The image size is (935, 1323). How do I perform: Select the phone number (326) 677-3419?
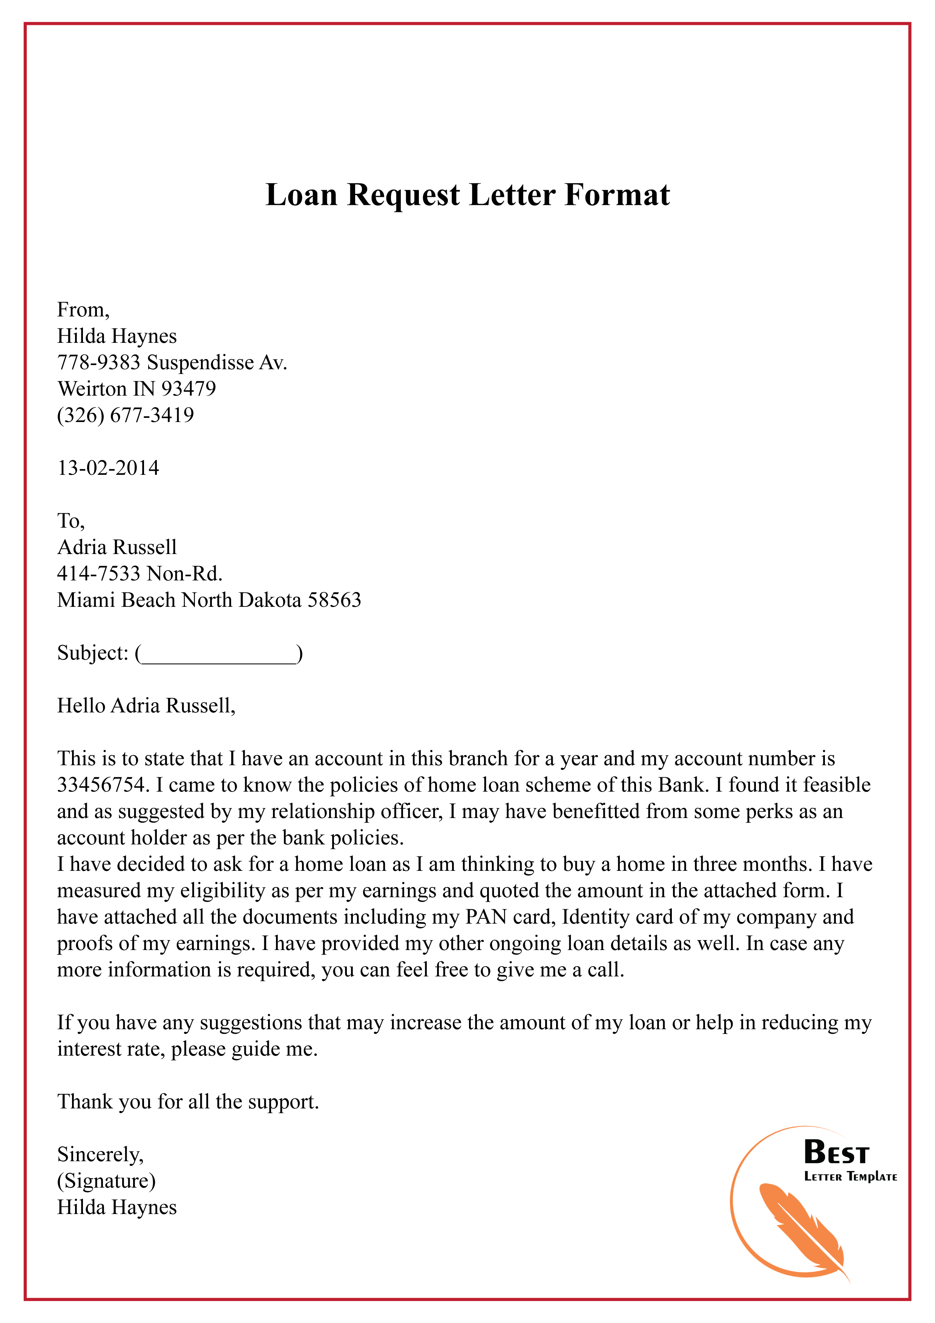point(126,415)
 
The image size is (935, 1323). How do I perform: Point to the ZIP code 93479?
point(189,389)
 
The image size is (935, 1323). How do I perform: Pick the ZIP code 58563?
point(334,600)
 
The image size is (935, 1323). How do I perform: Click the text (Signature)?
point(106,1181)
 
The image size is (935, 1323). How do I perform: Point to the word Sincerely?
point(99,1154)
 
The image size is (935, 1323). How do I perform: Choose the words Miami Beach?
point(116,600)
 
